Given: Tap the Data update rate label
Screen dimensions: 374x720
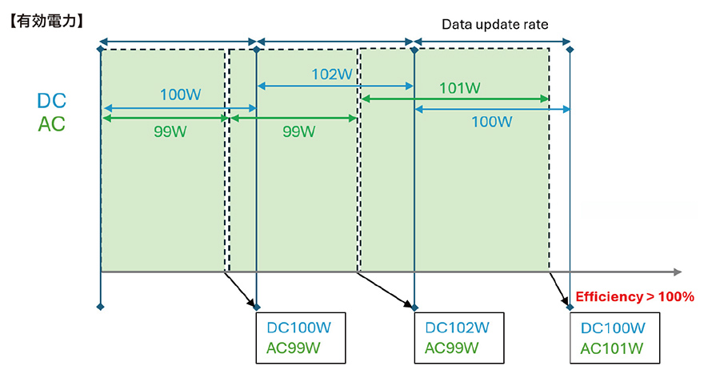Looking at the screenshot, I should tap(495, 24).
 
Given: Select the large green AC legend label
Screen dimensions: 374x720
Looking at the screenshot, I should tap(52, 124).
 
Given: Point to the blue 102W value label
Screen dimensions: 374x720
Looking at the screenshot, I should tap(332, 74).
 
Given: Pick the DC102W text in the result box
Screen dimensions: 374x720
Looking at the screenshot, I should tap(458, 328).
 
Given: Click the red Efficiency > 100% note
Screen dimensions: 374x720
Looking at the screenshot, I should tap(634, 296).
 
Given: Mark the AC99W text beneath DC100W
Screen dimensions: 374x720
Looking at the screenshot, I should tap(294, 348).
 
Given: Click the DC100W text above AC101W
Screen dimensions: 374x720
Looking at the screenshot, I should tap(613, 328).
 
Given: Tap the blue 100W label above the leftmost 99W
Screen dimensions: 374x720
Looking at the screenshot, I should tap(181, 95).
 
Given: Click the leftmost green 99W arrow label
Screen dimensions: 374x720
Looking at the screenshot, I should tap(170, 131).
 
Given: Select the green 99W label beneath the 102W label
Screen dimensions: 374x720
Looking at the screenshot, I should tap(299, 131).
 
